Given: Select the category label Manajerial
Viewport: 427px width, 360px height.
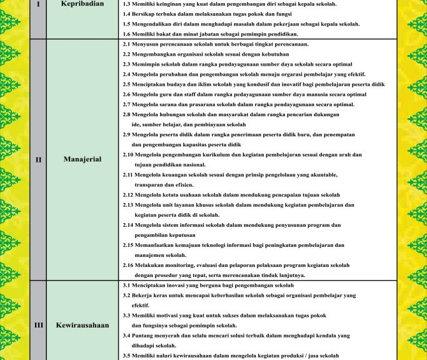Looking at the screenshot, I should (82, 159).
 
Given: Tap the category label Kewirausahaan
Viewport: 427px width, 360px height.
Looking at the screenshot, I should (82, 325).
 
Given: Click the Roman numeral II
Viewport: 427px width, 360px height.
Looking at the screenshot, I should (38, 159).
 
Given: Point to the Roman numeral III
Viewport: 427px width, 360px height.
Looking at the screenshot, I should (38, 325).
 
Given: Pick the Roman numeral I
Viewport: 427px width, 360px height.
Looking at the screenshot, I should (38, 4).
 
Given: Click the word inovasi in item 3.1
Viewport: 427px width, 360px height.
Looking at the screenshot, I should (171, 285).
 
